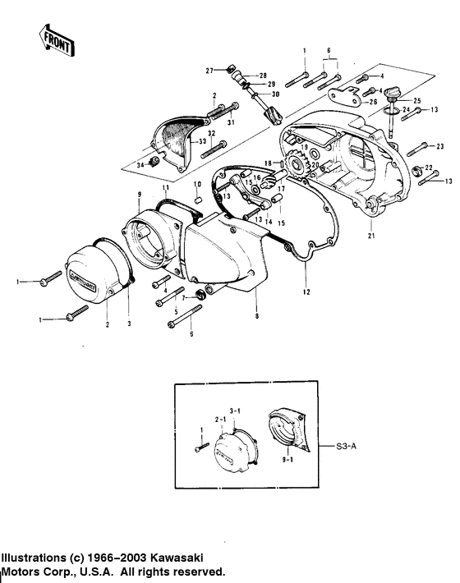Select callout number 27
click(x=209, y=70)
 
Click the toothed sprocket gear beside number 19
click(x=297, y=168)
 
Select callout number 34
click(x=140, y=165)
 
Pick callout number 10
click(x=198, y=185)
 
